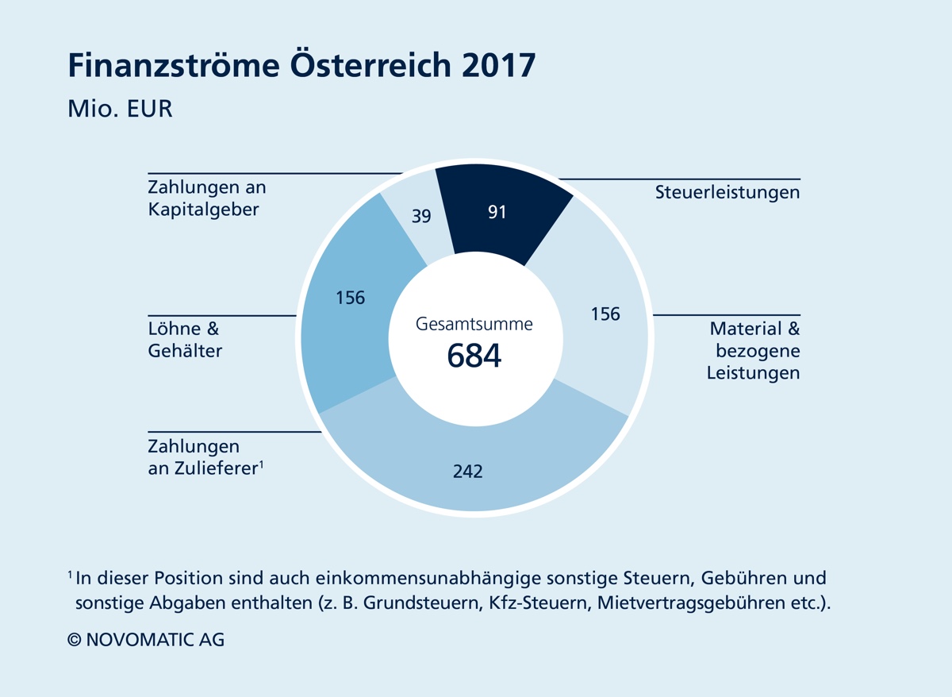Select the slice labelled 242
pos(468,471)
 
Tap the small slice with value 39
pos(421,215)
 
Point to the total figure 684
pos(474,356)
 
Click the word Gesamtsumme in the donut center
pos(474,324)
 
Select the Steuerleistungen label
pos(727,192)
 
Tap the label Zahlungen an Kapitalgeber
pos(206,199)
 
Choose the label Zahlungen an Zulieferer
pos(204,457)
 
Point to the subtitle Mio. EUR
pos(120,108)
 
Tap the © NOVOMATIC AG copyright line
pos(146,639)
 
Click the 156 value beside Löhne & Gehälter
pos(350,298)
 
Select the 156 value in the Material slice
pos(605,314)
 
